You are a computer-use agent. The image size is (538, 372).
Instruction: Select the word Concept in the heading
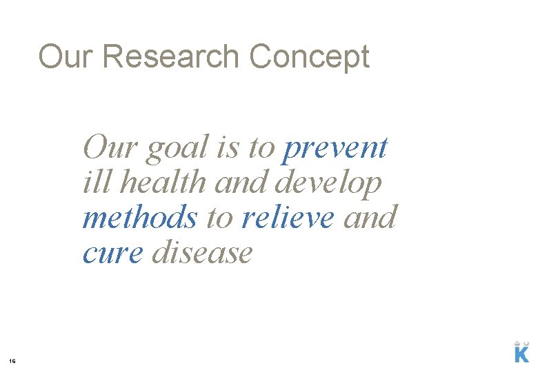(310, 56)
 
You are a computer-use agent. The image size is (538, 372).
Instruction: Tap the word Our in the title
(66, 56)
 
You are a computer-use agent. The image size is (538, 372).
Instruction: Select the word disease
(203, 253)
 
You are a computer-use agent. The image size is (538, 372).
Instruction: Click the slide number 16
(12, 360)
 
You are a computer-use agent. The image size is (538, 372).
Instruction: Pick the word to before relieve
(220, 218)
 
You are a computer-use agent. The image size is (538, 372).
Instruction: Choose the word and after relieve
(370, 218)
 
